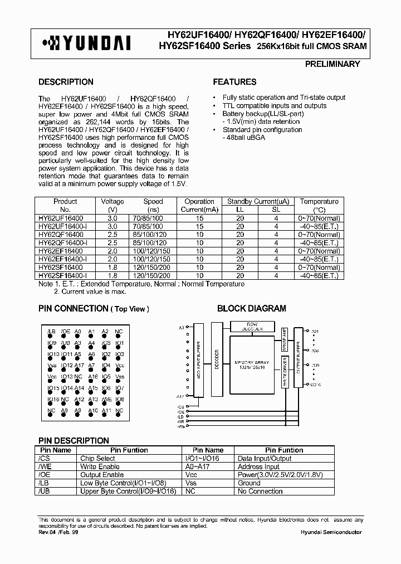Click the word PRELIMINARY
tap(332, 64)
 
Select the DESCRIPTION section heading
tap(66, 82)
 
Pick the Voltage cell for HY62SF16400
tap(113, 268)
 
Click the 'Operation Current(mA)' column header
tap(199, 205)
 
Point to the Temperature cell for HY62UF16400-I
tap(319, 226)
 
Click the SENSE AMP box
tap(284, 340)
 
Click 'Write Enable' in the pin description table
tap(100, 466)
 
